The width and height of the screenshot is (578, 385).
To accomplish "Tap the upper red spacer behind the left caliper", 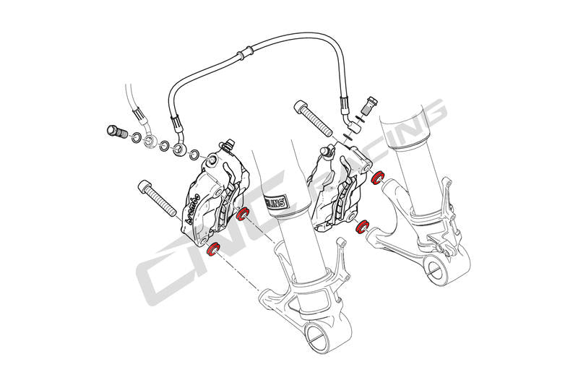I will click(x=243, y=214).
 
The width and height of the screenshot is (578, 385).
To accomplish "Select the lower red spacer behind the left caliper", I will click(x=213, y=249).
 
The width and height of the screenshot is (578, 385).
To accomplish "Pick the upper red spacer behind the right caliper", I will click(x=377, y=176).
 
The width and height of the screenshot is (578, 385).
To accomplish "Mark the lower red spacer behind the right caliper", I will click(x=363, y=228).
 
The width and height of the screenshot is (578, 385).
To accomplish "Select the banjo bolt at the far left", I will click(x=116, y=132).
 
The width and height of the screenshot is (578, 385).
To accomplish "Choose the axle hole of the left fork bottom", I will click(x=316, y=334).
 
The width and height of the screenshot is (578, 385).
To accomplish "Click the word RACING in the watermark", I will click(x=390, y=144).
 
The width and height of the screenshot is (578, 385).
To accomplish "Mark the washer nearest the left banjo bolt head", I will click(x=135, y=136).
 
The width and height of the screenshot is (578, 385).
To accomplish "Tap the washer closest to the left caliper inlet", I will click(x=194, y=153).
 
